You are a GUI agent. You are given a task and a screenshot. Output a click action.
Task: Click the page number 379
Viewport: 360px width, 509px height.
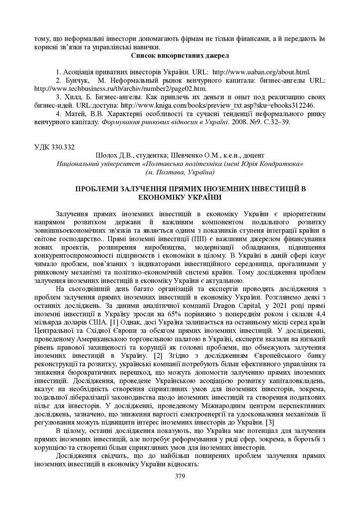coord(180,476)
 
